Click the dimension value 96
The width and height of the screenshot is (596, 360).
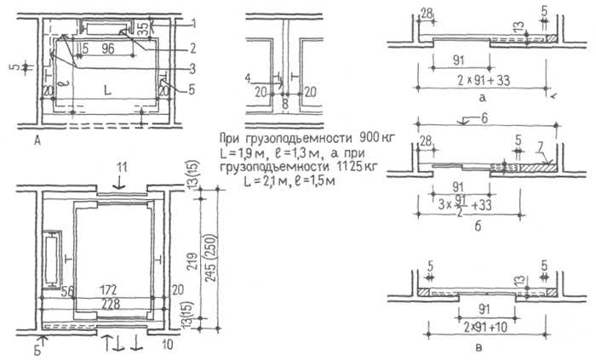click(x=107, y=50)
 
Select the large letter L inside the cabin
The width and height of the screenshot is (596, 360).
click(x=106, y=87)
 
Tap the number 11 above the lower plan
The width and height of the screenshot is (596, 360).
click(x=121, y=163)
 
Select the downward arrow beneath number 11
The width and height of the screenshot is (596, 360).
click(x=121, y=179)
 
